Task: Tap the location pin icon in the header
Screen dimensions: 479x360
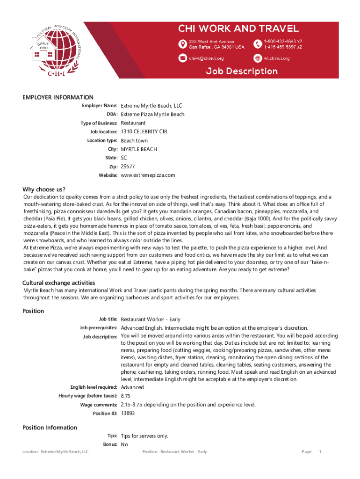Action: click(183, 44)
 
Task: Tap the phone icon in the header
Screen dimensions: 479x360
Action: click(258, 44)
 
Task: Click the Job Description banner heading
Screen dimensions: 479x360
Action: click(242, 71)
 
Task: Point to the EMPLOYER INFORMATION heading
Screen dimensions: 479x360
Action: click(58, 97)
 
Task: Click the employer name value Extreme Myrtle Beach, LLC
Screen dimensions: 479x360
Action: click(151, 106)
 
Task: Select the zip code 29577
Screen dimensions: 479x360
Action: click(128, 167)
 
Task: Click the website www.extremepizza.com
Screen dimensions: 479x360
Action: click(148, 175)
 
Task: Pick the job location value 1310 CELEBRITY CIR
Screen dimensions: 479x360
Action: click(144, 132)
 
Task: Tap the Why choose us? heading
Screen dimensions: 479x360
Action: click(44, 189)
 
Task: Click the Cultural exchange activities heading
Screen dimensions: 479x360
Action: click(59, 283)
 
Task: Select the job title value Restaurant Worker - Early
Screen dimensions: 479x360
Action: click(151, 319)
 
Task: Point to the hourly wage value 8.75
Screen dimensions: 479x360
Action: click(125, 396)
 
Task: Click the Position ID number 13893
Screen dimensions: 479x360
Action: click(128, 414)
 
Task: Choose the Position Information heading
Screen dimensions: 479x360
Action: click(50, 428)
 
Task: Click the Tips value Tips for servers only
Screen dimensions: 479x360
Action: click(144, 436)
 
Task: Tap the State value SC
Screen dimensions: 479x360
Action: click(124, 158)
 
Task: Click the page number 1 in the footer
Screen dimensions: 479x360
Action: click(320, 452)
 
